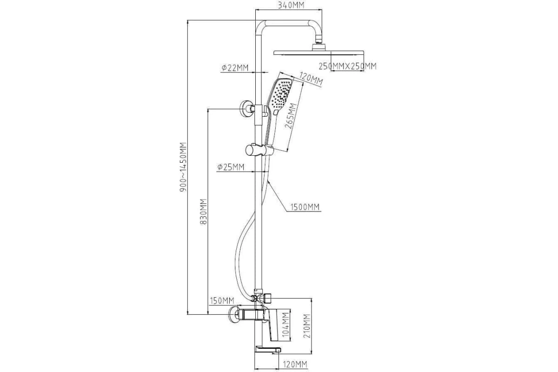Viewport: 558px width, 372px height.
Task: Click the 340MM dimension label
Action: [x=291, y=5]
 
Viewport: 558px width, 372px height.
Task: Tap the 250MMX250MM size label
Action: [x=347, y=66]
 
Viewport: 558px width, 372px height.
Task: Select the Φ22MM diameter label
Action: [x=235, y=68]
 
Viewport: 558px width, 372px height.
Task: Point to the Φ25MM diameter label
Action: [x=231, y=167]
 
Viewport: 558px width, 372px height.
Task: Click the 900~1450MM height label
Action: [x=183, y=167]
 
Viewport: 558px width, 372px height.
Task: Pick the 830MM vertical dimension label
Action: [x=204, y=212]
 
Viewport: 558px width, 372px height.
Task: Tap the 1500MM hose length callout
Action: [x=305, y=207]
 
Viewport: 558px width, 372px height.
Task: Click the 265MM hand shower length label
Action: [x=291, y=116]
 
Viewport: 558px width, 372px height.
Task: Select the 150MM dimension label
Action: [x=222, y=301]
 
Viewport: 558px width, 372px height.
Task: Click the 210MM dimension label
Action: [x=307, y=326]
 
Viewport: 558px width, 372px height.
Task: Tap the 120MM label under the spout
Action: [x=295, y=365]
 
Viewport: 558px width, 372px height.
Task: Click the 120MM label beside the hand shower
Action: [x=311, y=79]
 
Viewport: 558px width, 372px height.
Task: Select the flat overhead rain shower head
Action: [x=319, y=53]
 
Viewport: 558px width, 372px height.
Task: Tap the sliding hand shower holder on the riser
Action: [x=259, y=150]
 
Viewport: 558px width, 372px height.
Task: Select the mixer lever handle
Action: [x=277, y=325]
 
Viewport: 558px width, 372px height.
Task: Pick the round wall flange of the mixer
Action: [x=233, y=314]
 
